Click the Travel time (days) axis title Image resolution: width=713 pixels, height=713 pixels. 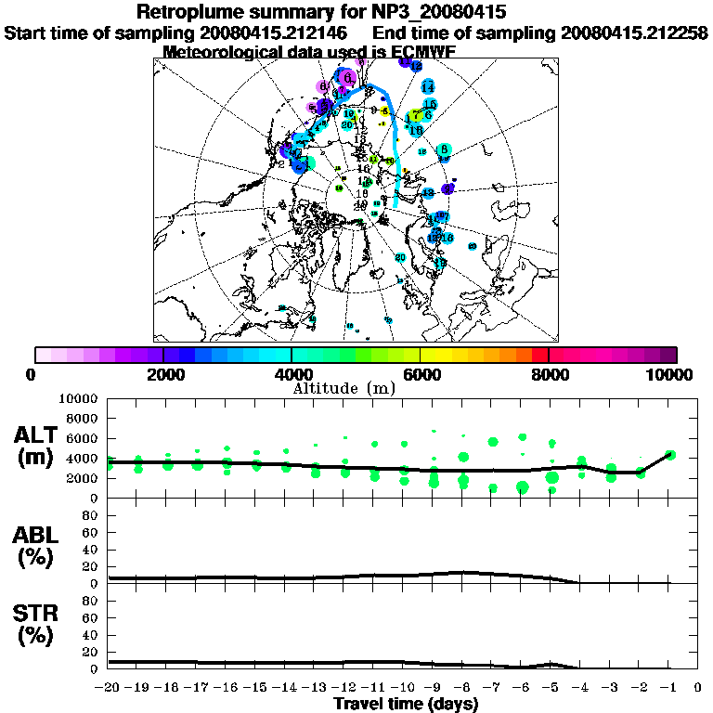click(406, 704)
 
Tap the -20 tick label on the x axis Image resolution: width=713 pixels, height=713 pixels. click(109, 687)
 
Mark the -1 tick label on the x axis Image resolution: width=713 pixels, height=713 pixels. click(668, 687)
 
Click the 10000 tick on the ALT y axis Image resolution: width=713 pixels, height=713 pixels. click(79, 398)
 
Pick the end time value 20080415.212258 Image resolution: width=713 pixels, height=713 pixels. click(633, 32)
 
